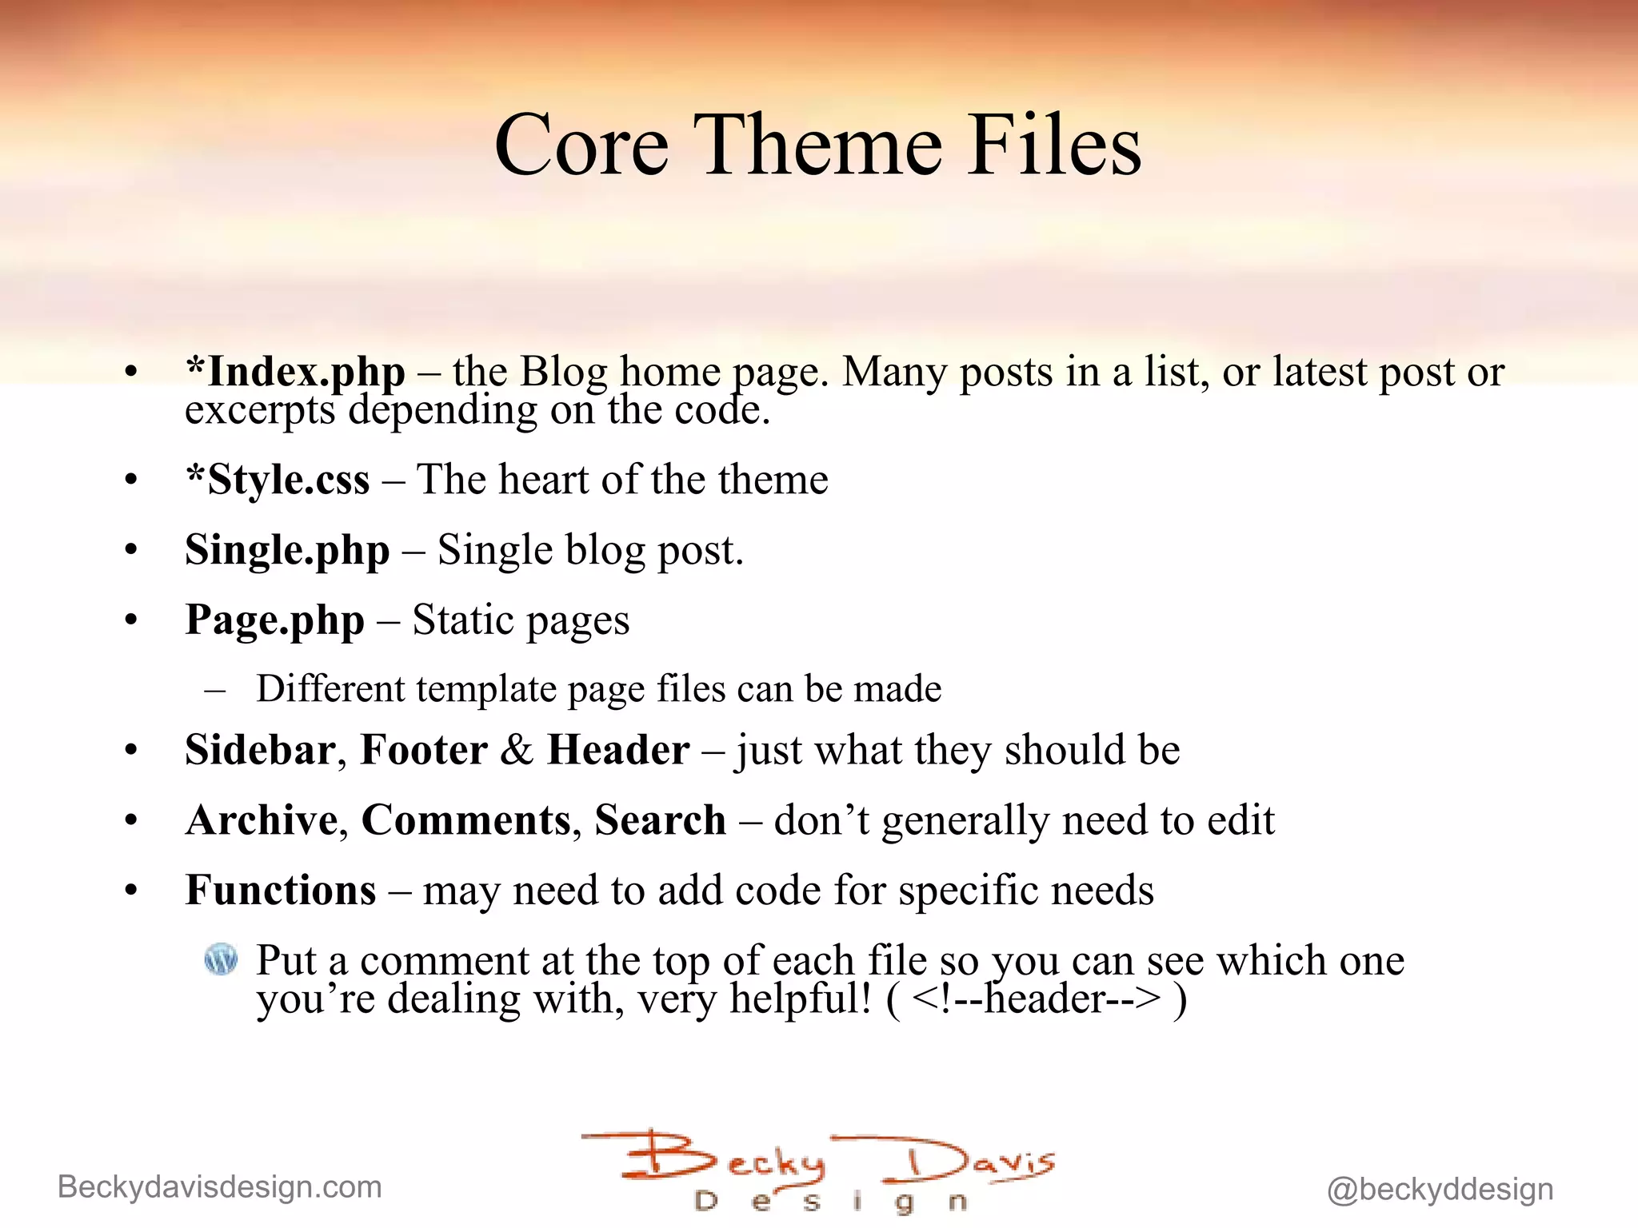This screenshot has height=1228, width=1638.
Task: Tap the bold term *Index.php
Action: tap(295, 373)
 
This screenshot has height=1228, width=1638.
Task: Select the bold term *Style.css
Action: tap(278, 480)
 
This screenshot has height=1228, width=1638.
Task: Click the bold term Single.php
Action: tap(287, 551)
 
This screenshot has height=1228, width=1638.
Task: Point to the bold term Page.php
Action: tap(274, 620)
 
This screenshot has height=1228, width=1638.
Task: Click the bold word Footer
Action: tap(424, 750)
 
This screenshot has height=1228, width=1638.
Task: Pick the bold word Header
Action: tap(618, 750)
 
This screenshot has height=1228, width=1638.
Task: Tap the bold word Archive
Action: tap(262, 820)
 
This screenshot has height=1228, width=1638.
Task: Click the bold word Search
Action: tap(660, 820)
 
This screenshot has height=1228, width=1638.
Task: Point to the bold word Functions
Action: tap(280, 890)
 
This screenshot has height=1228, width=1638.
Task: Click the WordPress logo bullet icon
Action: tap(221, 959)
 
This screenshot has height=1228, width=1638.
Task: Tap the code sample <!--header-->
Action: tap(1035, 999)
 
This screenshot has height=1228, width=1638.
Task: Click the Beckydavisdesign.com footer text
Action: tap(220, 1187)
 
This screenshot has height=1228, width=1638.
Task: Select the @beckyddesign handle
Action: tap(1440, 1190)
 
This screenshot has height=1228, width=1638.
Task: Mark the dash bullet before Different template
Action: tap(214, 689)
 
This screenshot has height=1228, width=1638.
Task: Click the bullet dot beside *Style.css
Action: tap(131, 480)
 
